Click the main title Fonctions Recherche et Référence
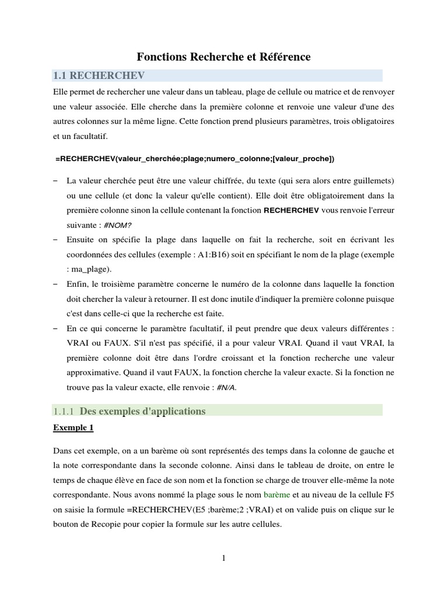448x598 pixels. tap(223, 57)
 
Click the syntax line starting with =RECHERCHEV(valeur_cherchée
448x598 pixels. tap(195, 158)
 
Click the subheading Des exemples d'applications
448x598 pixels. tap(142, 411)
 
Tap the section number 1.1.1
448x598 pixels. tap(64, 412)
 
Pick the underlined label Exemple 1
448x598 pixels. tap(73, 427)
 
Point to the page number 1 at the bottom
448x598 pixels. tap(223, 558)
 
